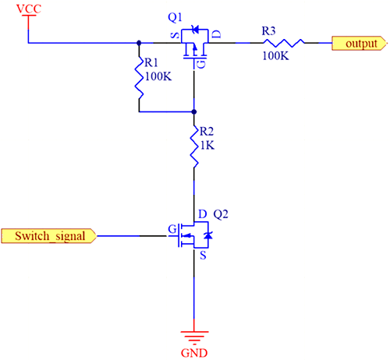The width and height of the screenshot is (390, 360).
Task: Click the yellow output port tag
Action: tap(358, 44)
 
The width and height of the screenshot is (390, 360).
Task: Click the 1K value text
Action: tap(204, 146)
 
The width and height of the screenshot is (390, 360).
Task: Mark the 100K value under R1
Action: tap(155, 77)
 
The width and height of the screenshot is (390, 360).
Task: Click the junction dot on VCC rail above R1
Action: tap(139, 44)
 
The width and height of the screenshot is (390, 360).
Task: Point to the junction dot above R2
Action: tap(193, 111)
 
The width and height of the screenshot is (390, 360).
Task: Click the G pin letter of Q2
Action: tap(172, 231)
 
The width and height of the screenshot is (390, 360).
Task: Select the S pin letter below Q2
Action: tap(202, 255)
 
